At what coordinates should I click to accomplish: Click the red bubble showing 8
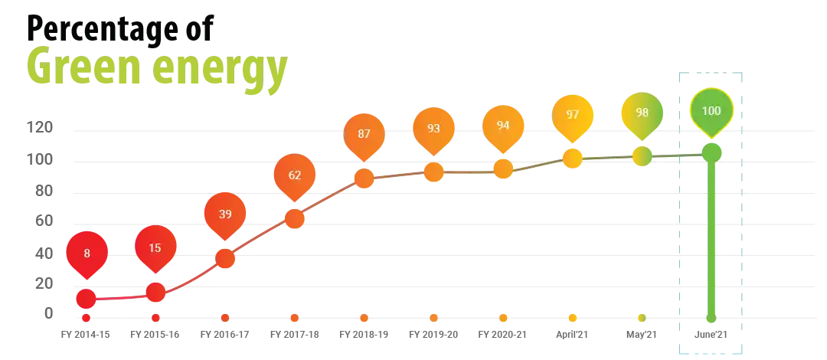pos(87,252)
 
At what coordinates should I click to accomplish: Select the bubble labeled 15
pos(155,248)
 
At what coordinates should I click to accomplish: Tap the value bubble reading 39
pos(225,214)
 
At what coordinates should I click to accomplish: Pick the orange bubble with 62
pos(295,175)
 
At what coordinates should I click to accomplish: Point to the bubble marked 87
pos(364,134)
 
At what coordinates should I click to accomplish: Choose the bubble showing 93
pos(433,129)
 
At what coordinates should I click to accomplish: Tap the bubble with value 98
pos(642,113)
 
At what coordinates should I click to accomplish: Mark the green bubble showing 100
pos(711,111)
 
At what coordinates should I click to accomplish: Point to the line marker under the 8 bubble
pos(87,298)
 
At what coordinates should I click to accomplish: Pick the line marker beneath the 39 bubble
pos(225,258)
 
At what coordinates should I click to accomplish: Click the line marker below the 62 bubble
pos(295,219)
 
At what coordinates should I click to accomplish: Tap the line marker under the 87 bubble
pos(364,178)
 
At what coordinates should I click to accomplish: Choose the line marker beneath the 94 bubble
pos(503,169)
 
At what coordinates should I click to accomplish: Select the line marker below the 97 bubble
pos(573,159)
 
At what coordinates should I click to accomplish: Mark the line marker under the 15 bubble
pos(155,293)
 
